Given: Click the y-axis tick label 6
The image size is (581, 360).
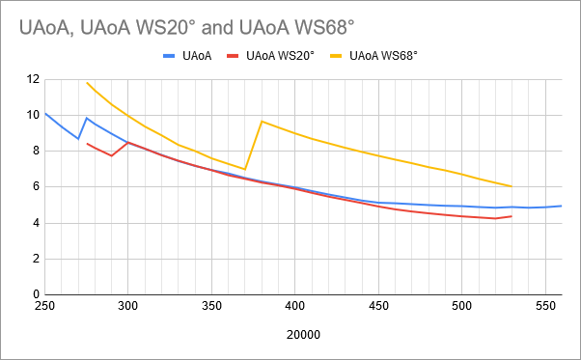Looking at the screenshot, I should point(35,187).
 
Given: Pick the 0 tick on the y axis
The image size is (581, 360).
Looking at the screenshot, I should point(35,294).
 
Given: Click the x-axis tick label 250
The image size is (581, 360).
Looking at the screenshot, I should point(44,306).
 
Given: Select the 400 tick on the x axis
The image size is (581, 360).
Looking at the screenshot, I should point(294,306).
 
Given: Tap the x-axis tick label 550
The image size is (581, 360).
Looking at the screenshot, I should point(545,306).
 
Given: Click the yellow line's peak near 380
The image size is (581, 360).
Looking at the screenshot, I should point(262,122).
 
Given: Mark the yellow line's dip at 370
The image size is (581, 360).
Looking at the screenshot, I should point(245,169).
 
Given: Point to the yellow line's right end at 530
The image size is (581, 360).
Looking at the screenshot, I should point(512,186).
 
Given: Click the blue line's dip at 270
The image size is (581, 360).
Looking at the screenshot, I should point(78,139).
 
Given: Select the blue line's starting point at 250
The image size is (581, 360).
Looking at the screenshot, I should point(45,114).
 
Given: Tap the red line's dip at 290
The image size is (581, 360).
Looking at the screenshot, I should point(112,155).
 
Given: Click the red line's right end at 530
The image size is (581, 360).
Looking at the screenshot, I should point(512,216).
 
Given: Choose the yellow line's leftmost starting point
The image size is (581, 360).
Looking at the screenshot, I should point(87,82).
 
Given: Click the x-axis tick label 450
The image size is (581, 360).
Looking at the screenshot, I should point(378,306).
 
